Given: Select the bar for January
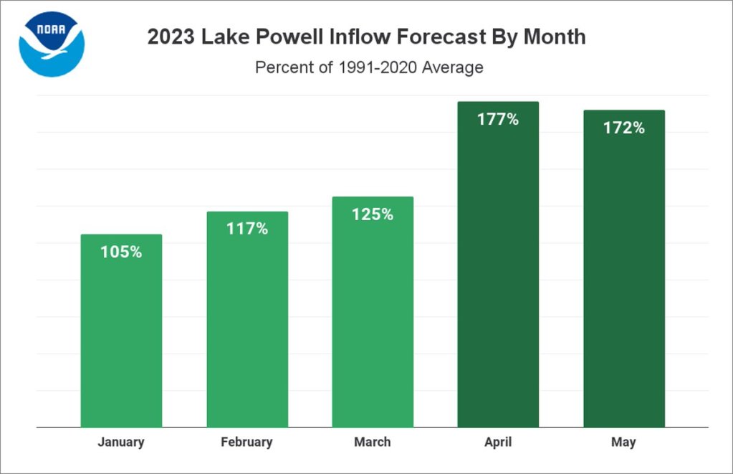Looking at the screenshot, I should (121, 337).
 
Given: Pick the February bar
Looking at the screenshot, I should (247, 323).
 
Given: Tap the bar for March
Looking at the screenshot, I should (373, 316).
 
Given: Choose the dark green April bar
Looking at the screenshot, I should (498, 272).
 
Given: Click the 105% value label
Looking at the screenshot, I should (121, 252).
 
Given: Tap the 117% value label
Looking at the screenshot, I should (247, 229).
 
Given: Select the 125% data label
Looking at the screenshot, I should (373, 214).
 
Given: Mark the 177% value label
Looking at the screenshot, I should (498, 119).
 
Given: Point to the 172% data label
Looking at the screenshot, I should (623, 128).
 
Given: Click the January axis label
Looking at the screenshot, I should (121, 442).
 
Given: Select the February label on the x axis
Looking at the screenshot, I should (247, 442).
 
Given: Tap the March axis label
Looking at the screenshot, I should (373, 442).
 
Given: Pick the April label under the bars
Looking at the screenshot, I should (498, 442).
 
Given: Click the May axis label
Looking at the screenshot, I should (623, 442).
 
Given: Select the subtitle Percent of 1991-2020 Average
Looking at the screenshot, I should (369, 68).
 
